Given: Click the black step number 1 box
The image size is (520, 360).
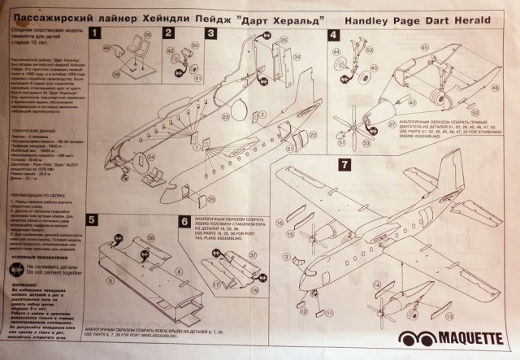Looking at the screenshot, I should tap(95, 34).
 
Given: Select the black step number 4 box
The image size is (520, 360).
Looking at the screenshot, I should tap(334, 35).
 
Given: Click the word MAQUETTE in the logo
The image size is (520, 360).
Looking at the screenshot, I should tap(455, 340).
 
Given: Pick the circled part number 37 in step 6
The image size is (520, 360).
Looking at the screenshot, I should tap(252, 254).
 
